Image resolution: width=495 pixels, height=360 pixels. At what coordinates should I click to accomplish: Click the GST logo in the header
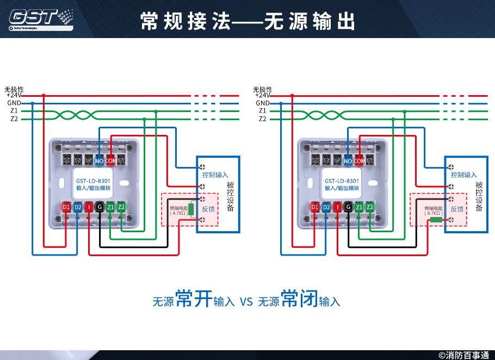(x=41, y=18)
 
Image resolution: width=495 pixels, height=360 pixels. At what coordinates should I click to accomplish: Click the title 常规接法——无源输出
(x=247, y=21)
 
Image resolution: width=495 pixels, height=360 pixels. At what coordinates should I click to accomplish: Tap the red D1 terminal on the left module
(x=66, y=207)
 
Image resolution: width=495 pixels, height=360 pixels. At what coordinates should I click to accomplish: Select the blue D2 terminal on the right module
(x=326, y=207)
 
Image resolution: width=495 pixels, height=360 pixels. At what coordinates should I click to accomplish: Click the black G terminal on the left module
(x=99, y=207)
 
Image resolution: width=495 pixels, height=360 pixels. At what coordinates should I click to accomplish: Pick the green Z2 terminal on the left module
(x=121, y=207)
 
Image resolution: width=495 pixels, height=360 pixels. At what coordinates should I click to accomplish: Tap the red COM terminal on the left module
(x=110, y=160)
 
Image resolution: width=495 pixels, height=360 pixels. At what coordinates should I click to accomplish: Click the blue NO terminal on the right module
(x=348, y=160)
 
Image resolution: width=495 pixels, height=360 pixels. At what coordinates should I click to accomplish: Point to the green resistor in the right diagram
(x=436, y=220)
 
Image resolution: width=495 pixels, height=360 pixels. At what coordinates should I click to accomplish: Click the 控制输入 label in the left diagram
(x=215, y=175)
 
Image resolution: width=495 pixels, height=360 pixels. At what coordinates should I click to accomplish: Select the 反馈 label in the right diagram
(x=457, y=209)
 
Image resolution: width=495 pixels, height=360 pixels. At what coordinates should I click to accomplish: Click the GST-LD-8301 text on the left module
(x=93, y=181)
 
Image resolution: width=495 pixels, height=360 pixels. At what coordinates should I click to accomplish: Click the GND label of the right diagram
(x=263, y=103)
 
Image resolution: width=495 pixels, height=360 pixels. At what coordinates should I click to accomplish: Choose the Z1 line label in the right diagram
(x=263, y=110)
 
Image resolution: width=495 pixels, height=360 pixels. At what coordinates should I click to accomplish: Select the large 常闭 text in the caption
(x=299, y=299)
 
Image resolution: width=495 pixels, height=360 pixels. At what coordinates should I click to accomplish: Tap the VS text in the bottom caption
(x=246, y=301)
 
